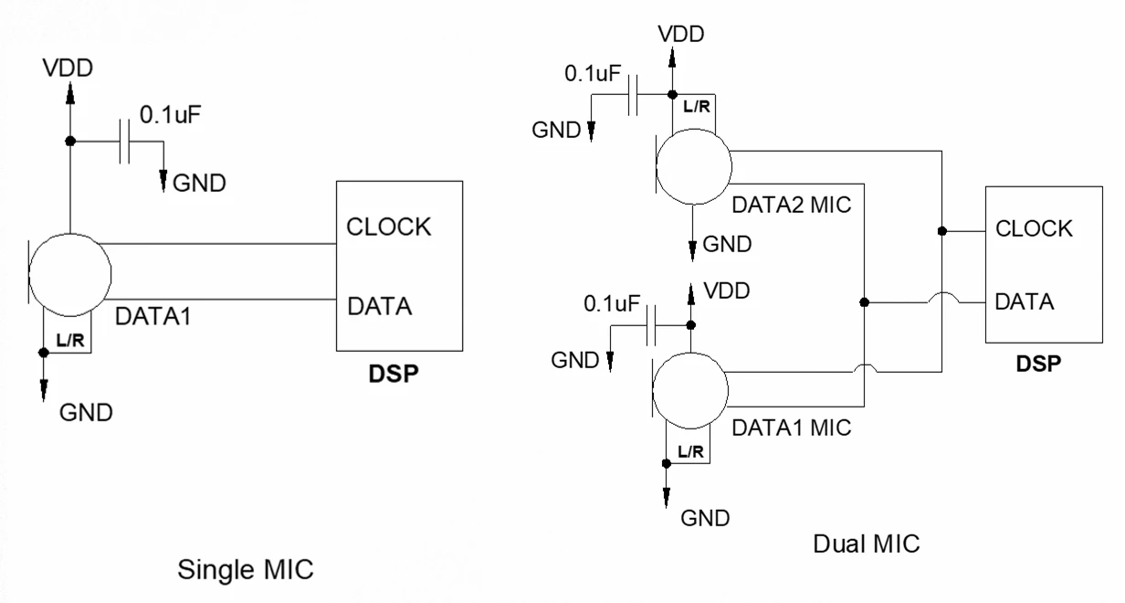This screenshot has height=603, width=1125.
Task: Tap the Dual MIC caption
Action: coord(866,544)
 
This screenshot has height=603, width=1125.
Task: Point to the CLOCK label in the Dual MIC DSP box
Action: coord(1034,228)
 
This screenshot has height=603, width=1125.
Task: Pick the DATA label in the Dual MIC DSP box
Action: coord(1025,301)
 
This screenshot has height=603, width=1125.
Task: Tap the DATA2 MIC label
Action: coord(792,205)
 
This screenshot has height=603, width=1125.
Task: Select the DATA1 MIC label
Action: coord(791,426)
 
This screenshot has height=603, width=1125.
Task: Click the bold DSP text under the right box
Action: coord(1038,363)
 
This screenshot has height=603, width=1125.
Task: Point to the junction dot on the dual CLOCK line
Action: coord(941,230)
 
